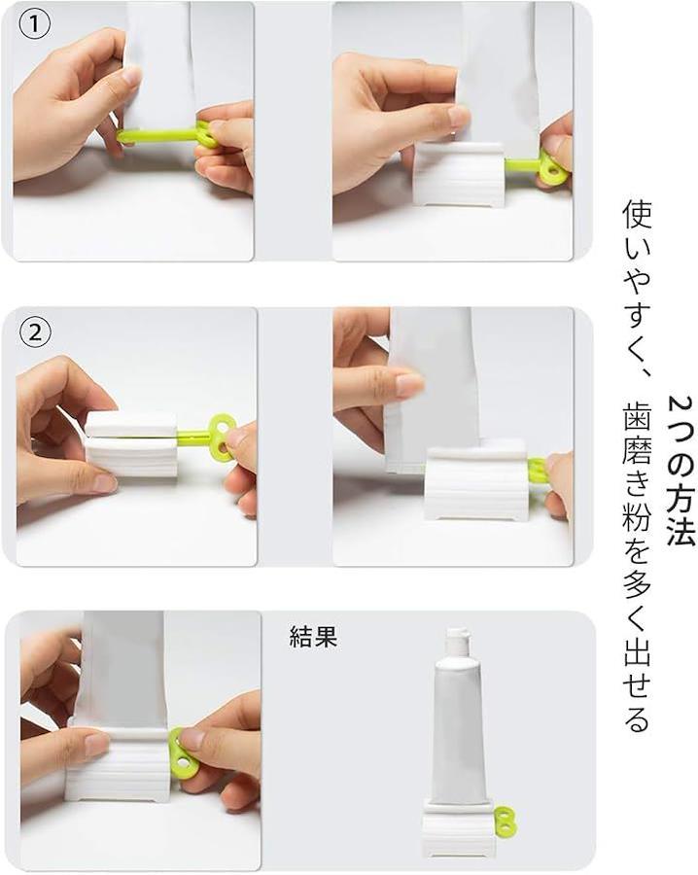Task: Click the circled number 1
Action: pyautogui.click(x=35, y=25)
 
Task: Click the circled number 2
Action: pyautogui.click(x=35, y=332)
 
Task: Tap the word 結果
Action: pyautogui.click(x=313, y=636)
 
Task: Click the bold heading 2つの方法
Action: pyautogui.click(x=681, y=471)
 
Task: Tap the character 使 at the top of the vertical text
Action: pyautogui.click(x=636, y=216)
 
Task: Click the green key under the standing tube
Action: pyautogui.click(x=504, y=821)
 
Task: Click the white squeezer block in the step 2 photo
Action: pyautogui.click(x=131, y=444)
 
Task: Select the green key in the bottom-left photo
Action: pyautogui.click(x=180, y=752)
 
